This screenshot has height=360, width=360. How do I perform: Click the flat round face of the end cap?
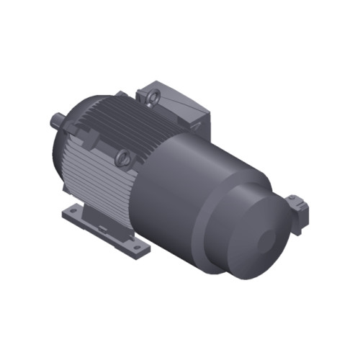[x=256, y=238]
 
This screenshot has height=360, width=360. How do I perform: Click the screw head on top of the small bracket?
[x=293, y=198]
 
